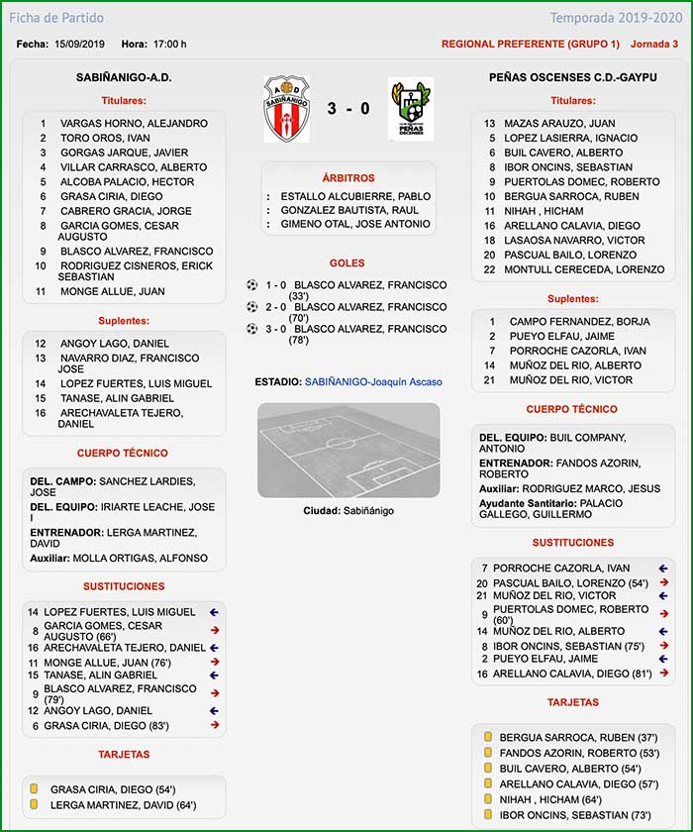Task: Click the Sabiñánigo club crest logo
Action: (287, 108)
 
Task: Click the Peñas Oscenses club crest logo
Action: (410, 108)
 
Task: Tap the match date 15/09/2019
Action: (80, 44)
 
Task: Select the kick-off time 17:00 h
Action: (169, 44)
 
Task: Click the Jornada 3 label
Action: (654, 44)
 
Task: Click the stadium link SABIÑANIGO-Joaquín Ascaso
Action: (373, 381)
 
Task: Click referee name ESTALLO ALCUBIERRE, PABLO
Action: (355, 196)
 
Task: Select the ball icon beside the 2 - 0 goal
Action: (251, 307)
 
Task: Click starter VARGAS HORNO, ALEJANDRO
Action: (134, 124)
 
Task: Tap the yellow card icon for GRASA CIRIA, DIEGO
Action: (35, 789)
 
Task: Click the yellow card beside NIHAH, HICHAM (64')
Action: (486, 799)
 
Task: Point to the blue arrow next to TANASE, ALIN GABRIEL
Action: (213, 676)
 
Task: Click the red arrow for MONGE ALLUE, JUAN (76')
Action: (213, 662)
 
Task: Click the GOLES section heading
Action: (348, 263)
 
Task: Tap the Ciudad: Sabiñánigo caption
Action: (348, 510)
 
